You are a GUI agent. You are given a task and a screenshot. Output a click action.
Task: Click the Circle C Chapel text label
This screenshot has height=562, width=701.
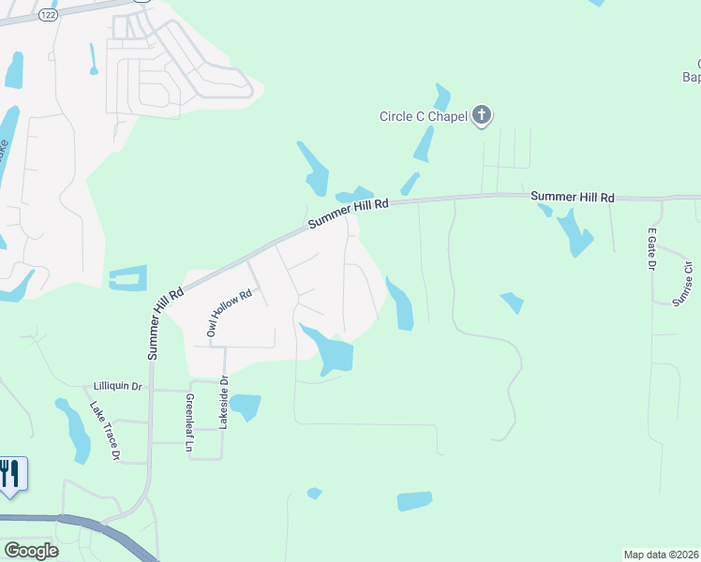point(423,117)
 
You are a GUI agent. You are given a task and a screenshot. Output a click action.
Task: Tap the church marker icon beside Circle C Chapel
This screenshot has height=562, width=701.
point(482,115)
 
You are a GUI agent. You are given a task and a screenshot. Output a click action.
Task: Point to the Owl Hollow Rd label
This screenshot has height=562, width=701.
point(217,313)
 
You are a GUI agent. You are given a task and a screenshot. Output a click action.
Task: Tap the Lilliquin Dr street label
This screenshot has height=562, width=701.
point(117,386)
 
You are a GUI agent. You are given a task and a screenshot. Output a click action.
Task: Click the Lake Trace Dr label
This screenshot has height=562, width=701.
point(105,431)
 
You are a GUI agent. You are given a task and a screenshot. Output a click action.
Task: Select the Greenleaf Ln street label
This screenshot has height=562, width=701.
point(189,423)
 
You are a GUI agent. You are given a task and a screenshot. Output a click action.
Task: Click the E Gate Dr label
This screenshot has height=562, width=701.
point(651,248)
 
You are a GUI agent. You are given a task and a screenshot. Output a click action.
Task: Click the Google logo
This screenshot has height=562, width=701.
point(31,551)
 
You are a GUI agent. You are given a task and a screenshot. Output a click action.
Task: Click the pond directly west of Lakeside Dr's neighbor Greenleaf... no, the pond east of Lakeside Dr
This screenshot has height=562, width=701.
point(246,407)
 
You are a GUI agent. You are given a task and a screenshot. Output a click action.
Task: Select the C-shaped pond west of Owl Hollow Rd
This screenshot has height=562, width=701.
point(128,278)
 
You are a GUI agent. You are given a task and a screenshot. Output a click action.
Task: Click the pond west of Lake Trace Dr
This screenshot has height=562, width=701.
point(72,429)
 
